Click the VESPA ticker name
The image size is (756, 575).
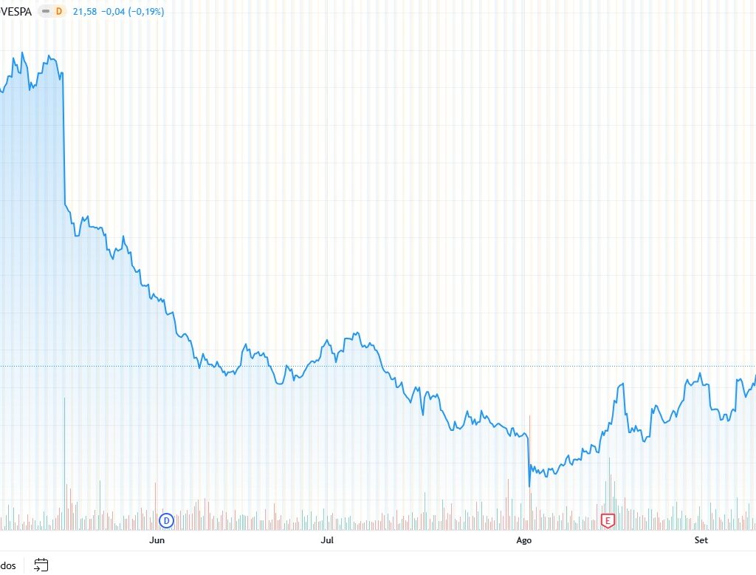point(16,12)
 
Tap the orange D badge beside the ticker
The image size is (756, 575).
point(59,12)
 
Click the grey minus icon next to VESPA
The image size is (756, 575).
point(45,12)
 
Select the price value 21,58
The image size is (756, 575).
point(85,12)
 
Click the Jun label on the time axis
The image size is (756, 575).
point(157,540)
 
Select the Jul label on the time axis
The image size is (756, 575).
point(327,540)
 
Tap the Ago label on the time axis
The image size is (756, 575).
point(523,540)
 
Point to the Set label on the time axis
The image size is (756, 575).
point(701,540)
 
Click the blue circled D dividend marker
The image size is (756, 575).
point(166,520)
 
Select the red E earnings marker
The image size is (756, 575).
point(608,520)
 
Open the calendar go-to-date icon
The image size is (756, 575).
point(41,565)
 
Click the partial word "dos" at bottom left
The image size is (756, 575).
point(8,565)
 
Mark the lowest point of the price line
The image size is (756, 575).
point(529,486)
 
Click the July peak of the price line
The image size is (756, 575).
point(357,333)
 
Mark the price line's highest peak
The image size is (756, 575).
point(22,52)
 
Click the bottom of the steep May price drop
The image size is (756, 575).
point(66,204)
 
